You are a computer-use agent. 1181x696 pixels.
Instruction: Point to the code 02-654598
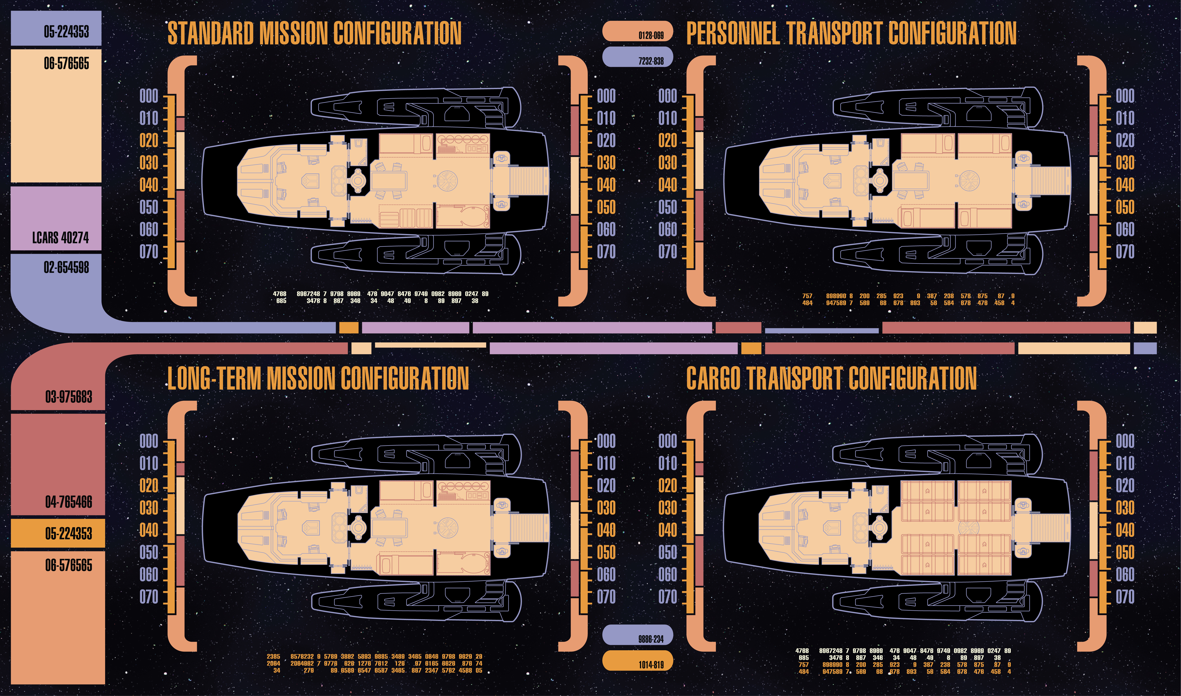pos(66,267)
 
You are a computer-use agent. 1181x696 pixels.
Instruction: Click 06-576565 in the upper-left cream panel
pos(66,63)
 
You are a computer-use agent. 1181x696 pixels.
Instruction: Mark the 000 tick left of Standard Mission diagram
pos(149,96)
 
